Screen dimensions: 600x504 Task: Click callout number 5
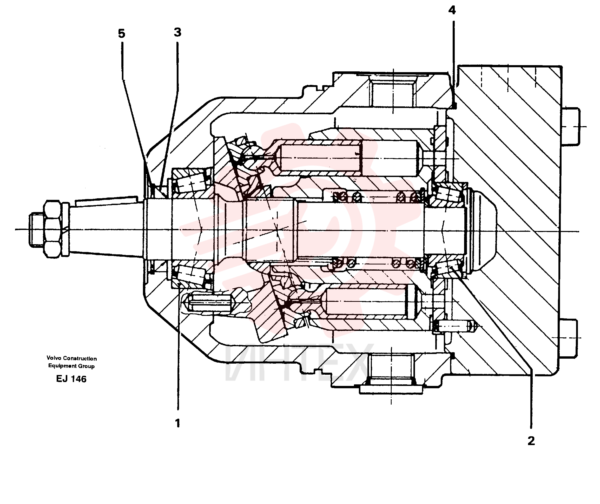[x=122, y=34]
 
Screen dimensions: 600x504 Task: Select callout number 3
[x=178, y=32]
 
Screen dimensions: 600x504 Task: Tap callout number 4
[x=452, y=10]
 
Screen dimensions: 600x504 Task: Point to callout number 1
[x=178, y=423]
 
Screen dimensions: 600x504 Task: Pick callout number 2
[x=531, y=441]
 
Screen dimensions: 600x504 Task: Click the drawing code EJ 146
[x=71, y=379]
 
